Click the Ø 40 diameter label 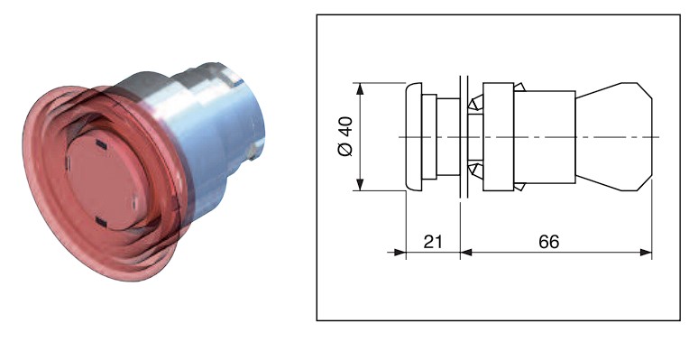(x=345, y=136)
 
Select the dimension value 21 (x=432, y=241)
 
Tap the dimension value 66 (x=549, y=241)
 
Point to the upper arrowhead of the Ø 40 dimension (x=361, y=88)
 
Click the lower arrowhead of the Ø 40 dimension (x=361, y=185)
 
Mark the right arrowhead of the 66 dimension (x=646, y=253)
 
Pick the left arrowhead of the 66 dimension (x=465, y=253)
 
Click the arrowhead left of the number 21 (x=400, y=253)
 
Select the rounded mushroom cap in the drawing (x=413, y=137)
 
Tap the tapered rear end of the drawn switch (x=614, y=137)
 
